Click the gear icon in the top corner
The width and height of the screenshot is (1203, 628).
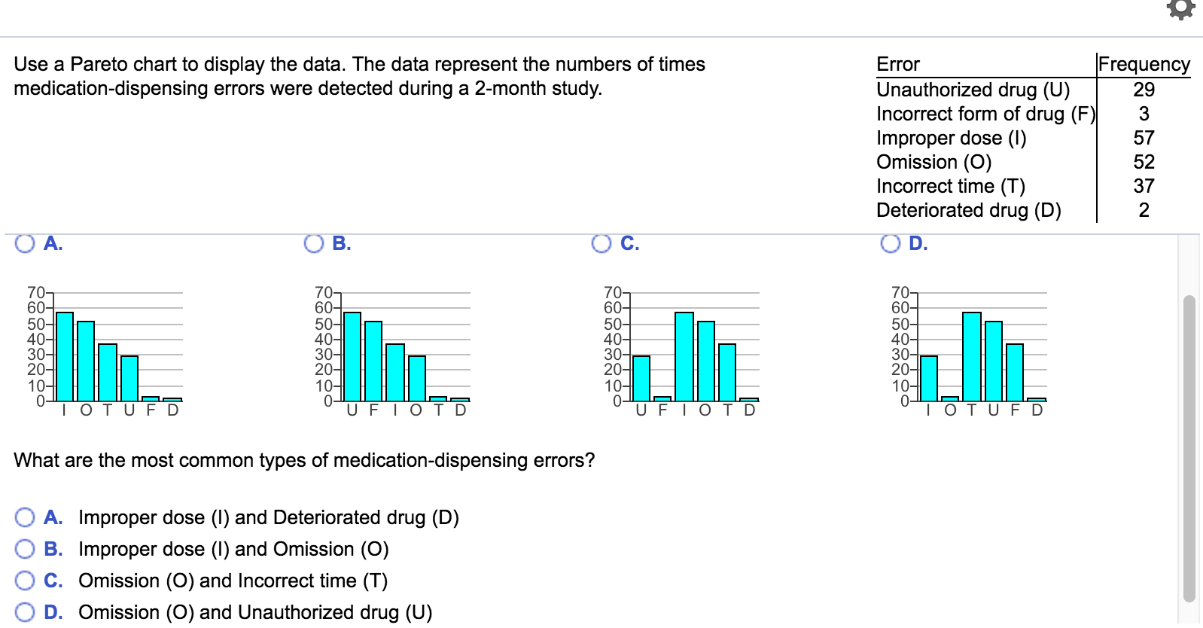coord(1180,9)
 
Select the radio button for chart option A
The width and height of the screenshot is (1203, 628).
coord(25,243)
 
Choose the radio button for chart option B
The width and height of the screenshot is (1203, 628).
coord(313,243)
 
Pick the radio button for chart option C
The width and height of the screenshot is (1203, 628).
coord(601,243)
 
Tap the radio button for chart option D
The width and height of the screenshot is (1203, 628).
coord(891,243)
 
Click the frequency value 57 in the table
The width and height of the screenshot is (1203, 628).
coord(1144,138)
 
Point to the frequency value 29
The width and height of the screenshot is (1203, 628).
coord(1144,90)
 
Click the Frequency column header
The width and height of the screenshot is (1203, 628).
coord(1144,64)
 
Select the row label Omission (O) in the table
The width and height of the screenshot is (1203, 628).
coord(933,162)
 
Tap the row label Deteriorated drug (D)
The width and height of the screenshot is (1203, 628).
coord(968,210)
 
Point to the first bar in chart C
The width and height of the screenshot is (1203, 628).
coord(641,378)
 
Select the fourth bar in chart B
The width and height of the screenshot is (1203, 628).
coord(417,378)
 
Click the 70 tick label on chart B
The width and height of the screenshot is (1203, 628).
coord(323,292)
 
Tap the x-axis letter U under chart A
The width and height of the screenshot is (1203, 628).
coord(129,410)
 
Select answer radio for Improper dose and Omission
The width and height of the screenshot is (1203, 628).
coord(25,549)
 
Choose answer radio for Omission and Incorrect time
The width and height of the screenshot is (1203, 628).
coord(25,581)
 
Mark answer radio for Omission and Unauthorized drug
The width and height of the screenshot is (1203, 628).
coord(25,612)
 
